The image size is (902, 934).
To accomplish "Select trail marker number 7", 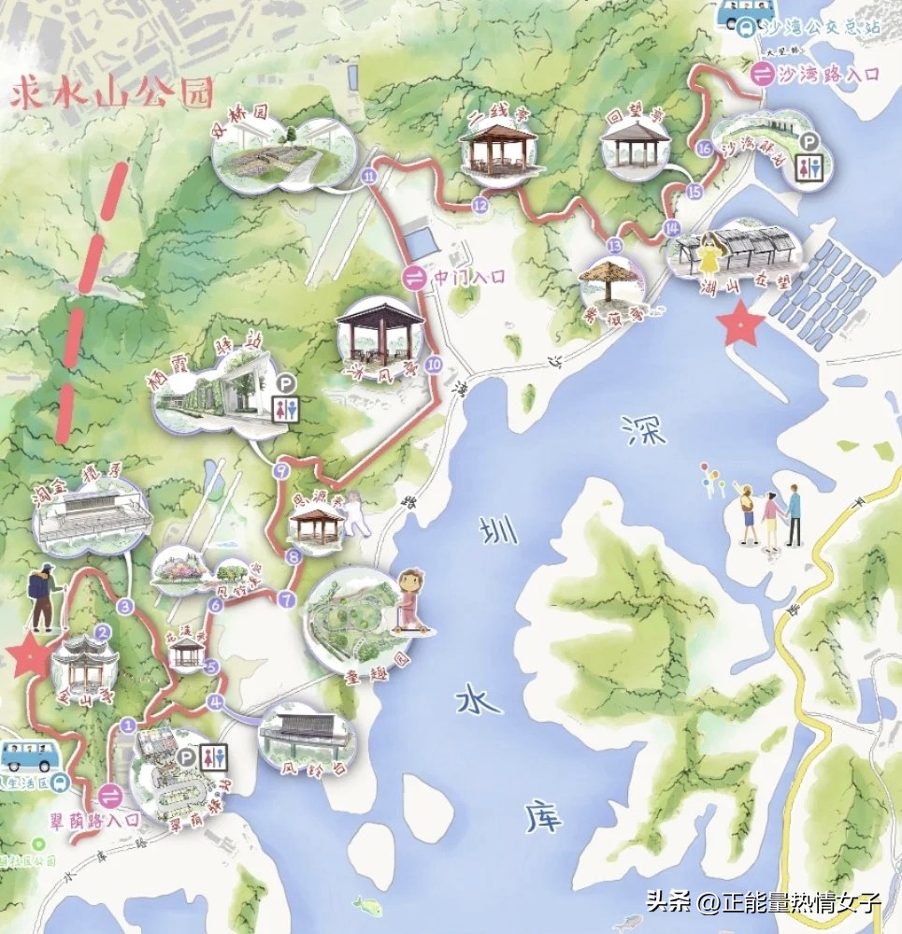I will (286, 598).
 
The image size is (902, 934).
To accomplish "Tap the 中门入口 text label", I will (469, 277).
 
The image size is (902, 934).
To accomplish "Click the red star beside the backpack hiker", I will (29, 658).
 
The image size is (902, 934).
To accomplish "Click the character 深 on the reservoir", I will (647, 429).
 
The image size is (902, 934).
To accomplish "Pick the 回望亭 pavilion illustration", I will (636, 145).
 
